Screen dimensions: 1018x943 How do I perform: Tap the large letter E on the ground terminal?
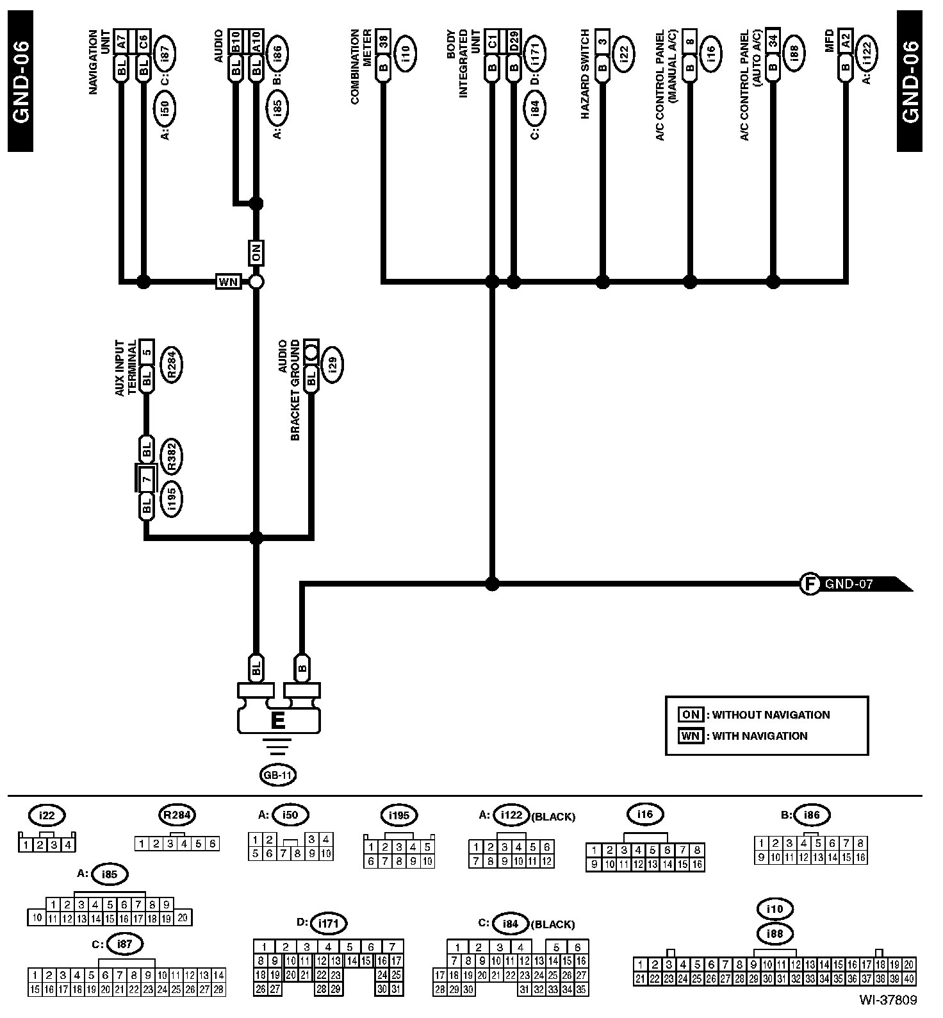coord(277,721)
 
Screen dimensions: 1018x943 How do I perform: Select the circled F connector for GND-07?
coord(810,584)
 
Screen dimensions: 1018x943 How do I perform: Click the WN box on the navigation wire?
coord(228,281)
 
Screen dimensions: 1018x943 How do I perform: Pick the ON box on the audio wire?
coord(256,253)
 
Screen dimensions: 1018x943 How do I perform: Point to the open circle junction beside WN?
coord(256,281)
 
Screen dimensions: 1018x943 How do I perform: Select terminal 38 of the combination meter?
coord(383,40)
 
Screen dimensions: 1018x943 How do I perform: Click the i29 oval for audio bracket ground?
coord(332,365)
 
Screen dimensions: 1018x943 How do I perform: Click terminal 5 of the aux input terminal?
coord(147,351)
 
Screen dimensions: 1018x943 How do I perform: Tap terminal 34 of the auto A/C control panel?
coord(773,40)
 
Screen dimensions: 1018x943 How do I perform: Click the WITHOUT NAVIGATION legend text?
coord(771,715)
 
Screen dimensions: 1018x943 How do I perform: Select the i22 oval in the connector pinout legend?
coord(47,816)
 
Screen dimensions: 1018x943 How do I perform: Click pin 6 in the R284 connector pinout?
coord(212,844)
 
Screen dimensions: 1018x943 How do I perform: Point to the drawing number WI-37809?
coord(889,999)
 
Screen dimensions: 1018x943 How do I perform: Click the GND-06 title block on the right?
coord(910,81)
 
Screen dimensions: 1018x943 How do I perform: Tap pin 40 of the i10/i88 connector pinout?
coord(909,978)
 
